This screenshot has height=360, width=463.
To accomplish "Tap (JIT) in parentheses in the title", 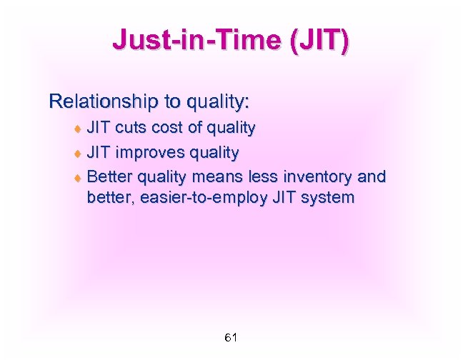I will click(x=318, y=41).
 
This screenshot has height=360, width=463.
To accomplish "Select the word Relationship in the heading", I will click(x=98, y=101).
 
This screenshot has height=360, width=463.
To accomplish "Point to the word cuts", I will click(x=129, y=129).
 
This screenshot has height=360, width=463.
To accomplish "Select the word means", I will click(x=219, y=176).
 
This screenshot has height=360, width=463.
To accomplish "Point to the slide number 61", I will click(x=231, y=337).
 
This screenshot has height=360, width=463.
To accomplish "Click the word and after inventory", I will click(x=371, y=176).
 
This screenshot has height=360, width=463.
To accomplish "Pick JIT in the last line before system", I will click(x=287, y=197).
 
